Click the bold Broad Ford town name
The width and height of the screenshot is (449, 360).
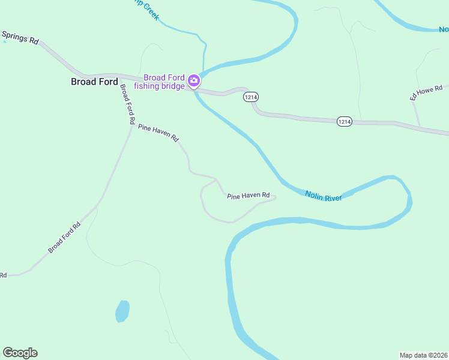(94, 82)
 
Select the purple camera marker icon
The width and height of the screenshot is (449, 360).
(193, 80)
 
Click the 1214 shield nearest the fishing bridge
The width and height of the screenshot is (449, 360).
(250, 97)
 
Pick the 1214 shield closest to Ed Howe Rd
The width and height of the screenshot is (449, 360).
(344, 121)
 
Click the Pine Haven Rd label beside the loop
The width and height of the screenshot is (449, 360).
(249, 196)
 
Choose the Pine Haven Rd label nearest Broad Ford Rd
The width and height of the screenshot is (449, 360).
(158, 133)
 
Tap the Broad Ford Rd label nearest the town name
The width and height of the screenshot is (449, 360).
(127, 104)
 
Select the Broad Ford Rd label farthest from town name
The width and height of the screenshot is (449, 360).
(64, 238)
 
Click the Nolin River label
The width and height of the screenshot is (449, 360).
(323, 195)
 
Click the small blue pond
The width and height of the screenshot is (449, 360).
(122, 311)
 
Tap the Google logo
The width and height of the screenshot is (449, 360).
(20, 353)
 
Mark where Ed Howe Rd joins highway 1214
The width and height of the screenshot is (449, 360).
(419, 127)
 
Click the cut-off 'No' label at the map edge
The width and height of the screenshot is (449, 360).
(444, 29)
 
